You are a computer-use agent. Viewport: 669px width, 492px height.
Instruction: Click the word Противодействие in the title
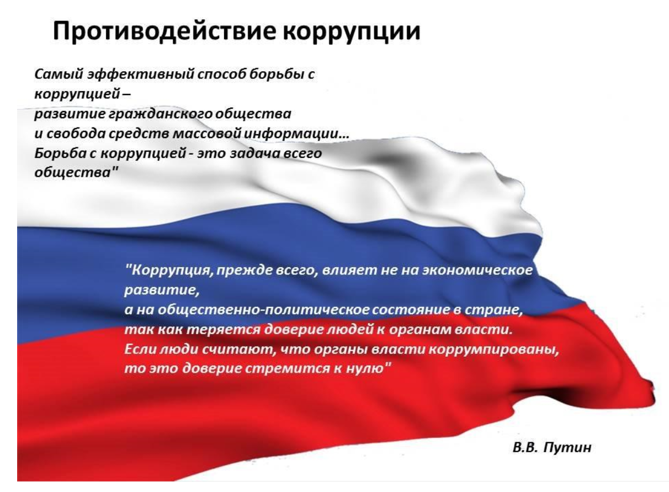(x=165, y=31)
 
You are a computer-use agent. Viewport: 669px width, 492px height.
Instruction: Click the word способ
(x=221, y=74)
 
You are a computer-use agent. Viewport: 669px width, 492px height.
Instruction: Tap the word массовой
(x=207, y=134)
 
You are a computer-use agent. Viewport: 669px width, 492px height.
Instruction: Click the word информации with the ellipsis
(x=296, y=134)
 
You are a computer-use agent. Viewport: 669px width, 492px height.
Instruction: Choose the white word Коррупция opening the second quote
(x=169, y=271)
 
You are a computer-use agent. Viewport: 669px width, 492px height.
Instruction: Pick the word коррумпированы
(x=494, y=350)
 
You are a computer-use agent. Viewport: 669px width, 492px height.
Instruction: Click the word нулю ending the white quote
(x=369, y=368)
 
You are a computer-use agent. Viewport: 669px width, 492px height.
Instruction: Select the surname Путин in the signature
(x=567, y=448)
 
